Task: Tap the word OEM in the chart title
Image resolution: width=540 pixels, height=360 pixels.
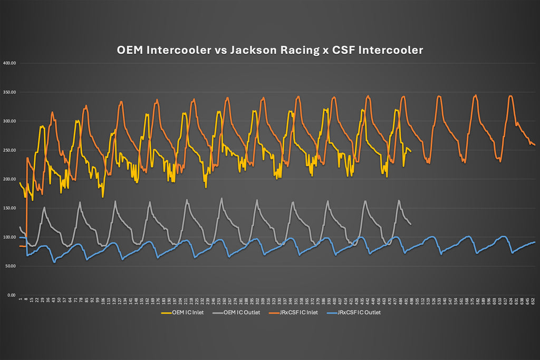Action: (130, 51)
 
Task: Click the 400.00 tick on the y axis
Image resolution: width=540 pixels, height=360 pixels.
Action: (10, 63)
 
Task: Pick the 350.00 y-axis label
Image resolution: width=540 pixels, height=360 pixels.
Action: (10, 92)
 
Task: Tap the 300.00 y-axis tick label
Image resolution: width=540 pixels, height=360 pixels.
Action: (10, 121)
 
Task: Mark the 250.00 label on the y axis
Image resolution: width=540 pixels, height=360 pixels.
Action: (10, 150)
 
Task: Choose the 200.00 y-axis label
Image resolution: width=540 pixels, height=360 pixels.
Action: (10, 179)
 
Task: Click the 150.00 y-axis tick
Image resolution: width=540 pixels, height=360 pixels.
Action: (10, 208)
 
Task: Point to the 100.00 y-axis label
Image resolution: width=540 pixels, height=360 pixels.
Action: (10, 237)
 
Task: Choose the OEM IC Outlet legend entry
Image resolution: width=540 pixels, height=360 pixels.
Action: (240, 313)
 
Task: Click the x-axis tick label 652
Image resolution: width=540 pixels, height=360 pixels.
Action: (533, 301)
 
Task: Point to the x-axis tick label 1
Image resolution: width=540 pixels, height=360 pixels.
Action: (20, 300)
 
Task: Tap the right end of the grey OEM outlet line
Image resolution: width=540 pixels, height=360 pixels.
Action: (410, 225)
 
